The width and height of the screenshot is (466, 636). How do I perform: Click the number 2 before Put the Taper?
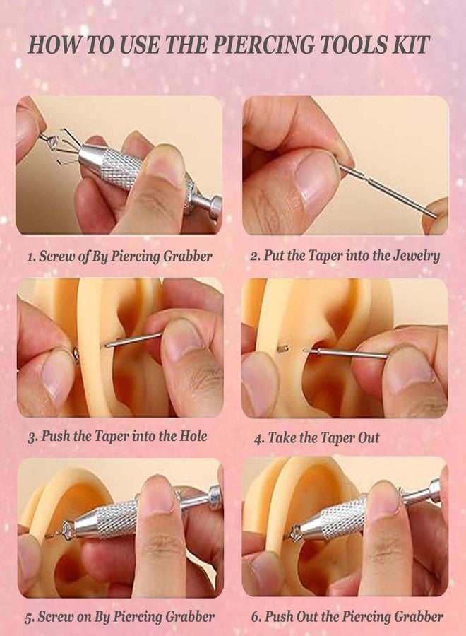coord(254,257)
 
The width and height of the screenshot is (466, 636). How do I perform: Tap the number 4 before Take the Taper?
coord(258,438)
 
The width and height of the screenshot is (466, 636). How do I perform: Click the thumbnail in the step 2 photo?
coord(316,177)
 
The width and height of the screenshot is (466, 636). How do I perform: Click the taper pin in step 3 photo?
coord(133,340)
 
